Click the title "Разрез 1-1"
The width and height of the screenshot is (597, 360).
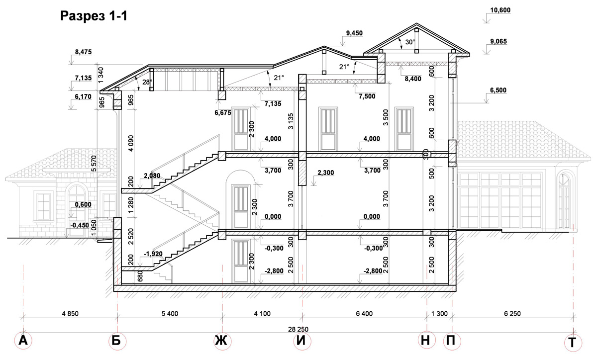(x=94, y=16)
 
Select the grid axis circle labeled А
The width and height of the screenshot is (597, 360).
(x=23, y=341)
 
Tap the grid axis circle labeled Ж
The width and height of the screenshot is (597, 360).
(x=222, y=341)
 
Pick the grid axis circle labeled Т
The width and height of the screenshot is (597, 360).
(x=573, y=343)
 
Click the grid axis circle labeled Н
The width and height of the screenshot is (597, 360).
(x=427, y=340)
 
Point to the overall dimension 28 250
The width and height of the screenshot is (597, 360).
(x=298, y=330)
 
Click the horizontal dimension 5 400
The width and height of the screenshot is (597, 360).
(x=170, y=314)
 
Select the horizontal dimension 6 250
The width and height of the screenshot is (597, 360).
(x=512, y=314)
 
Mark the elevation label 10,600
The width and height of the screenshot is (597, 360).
(x=500, y=10)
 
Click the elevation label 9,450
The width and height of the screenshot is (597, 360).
(x=354, y=33)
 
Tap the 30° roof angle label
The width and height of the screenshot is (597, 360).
(x=410, y=42)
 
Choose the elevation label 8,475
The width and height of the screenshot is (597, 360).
(x=83, y=52)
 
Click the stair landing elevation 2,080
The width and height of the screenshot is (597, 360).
(x=152, y=176)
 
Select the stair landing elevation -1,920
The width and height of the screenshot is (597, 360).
(x=153, y=254)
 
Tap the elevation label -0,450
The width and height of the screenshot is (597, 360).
(x=80, y=225)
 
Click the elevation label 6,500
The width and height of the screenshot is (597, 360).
(x=498, y=90)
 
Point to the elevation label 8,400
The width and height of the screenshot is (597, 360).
(x=413, y=79)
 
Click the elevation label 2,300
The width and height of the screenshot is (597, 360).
(x=326, y=173)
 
